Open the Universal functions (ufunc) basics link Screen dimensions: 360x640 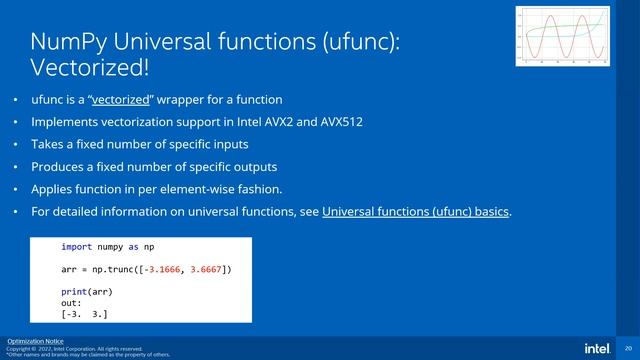416,211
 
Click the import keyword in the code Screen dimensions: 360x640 76,246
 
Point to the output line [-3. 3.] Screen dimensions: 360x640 85,315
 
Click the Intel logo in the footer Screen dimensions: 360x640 597,347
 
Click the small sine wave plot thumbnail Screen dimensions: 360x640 562,36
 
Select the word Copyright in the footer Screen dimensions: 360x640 19,348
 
